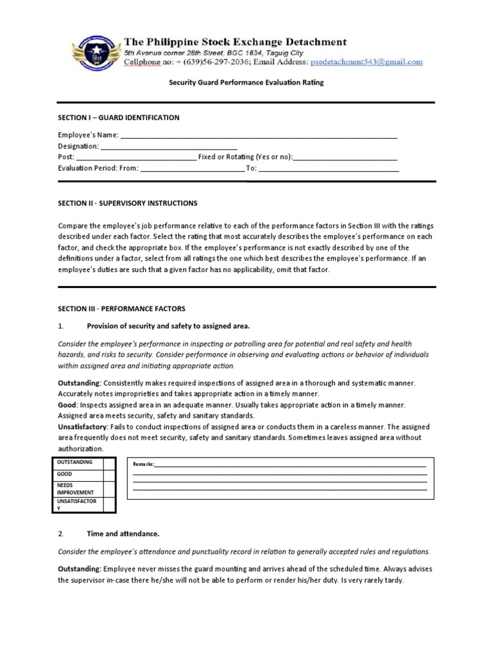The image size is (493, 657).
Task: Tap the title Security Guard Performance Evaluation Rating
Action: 246,83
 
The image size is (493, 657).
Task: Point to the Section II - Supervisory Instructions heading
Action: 128,203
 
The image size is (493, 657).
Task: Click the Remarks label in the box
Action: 144,464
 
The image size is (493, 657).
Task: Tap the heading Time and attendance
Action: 123,533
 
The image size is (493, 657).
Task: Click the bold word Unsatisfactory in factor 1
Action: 82,427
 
